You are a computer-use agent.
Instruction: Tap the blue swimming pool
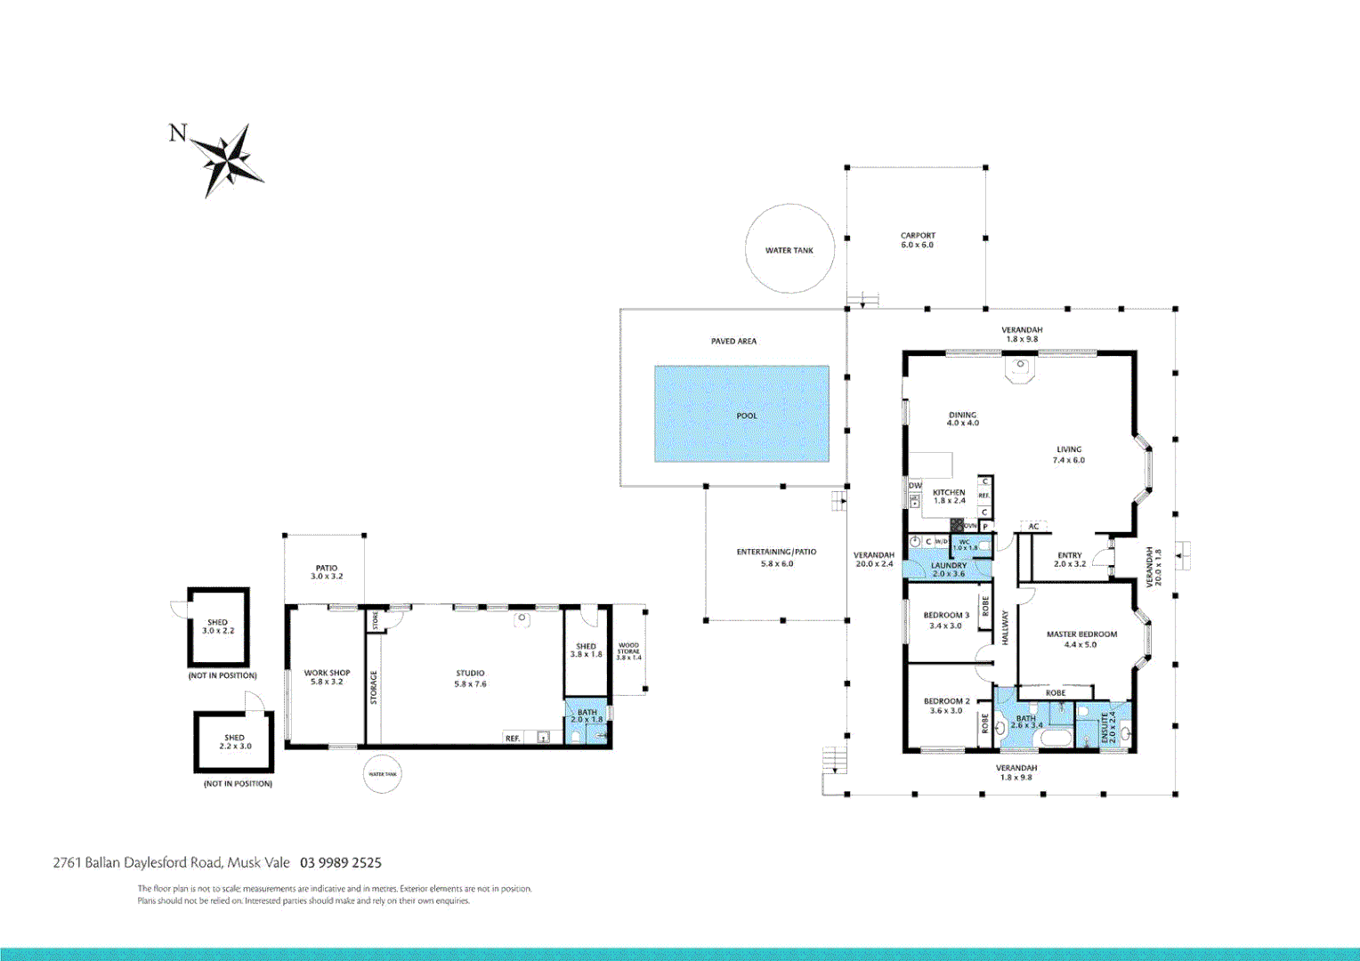[x=741, y=414]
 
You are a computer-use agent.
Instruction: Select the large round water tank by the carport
[x=789, y=249]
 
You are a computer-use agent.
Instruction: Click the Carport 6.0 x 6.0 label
[x=918, y=240]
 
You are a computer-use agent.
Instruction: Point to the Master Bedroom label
[x=1081, y=639]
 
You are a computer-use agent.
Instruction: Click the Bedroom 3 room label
[x=946, y=620]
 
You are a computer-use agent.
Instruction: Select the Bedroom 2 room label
[x=946, y=706]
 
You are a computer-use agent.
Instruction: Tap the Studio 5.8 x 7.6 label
[x=470, y=679]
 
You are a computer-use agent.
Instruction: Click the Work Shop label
[x=327, y=677]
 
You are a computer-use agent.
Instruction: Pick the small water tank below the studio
[x=383, y=774]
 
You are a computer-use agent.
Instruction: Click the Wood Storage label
[x=628, y=651]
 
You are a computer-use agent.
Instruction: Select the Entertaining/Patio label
[x=776, y=557]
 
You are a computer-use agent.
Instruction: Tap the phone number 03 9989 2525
[x=341, y=862]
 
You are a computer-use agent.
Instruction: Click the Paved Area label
[x=733, y=341]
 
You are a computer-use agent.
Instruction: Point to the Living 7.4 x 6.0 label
[x=1069, y=455]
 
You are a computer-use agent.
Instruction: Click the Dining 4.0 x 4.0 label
[x=962, y=419]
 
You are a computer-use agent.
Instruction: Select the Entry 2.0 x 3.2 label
[x=1070, y=559]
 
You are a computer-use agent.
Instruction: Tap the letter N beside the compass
[x=178, y=133]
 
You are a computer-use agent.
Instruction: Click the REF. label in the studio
[x=513, y=739]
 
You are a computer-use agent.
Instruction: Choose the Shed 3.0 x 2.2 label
[x=218, y=626]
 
